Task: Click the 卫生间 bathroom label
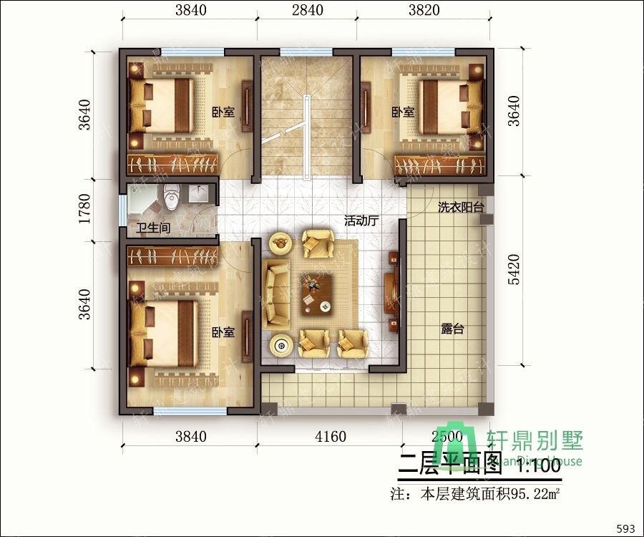tap(153, 230)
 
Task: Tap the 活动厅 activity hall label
tap(361, 221)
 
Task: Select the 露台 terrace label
tap(453, 329)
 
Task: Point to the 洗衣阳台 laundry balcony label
tap(461, 207)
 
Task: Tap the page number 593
tap(625, 529)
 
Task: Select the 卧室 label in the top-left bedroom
tap(223, 112)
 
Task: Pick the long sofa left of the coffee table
tap(277, 294)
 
